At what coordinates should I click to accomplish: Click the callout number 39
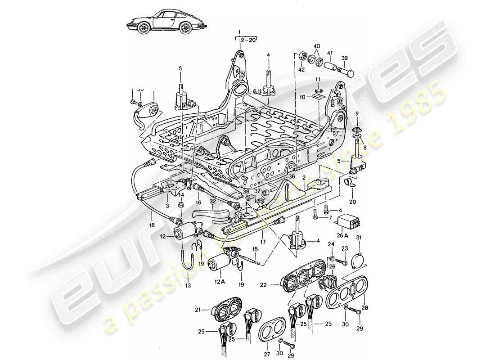click(x=345, y=58)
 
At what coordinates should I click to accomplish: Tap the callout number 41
click(x=330, y=53)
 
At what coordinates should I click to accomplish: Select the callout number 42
click(x=301, y=70)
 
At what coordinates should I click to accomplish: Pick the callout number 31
click(x=359, y=238)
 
